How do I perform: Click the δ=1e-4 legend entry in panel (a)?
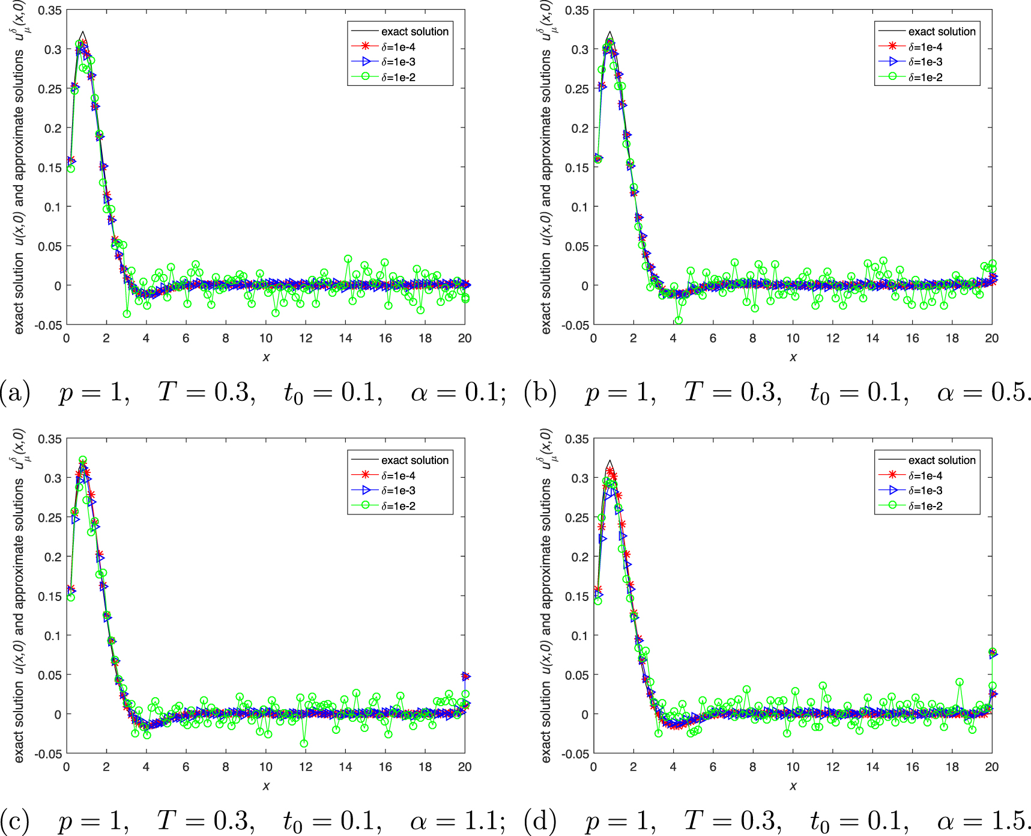pos(398,47)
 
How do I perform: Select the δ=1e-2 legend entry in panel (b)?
pos(925,78)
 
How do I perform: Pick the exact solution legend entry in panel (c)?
pos(414,460)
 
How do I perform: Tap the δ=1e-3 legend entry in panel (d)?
pos(925,491)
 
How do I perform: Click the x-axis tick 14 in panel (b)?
pos(872,338)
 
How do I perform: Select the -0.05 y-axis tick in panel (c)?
pos(49,754)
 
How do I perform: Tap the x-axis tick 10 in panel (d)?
pos(793,767)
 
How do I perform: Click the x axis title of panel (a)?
pos(266,358)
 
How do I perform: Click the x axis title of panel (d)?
pos(793,786)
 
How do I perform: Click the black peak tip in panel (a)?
pos(83,32)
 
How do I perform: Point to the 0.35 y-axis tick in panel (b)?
pos(577,10)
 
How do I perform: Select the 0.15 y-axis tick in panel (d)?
pos(577,596)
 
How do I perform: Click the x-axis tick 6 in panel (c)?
pos(186,767)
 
